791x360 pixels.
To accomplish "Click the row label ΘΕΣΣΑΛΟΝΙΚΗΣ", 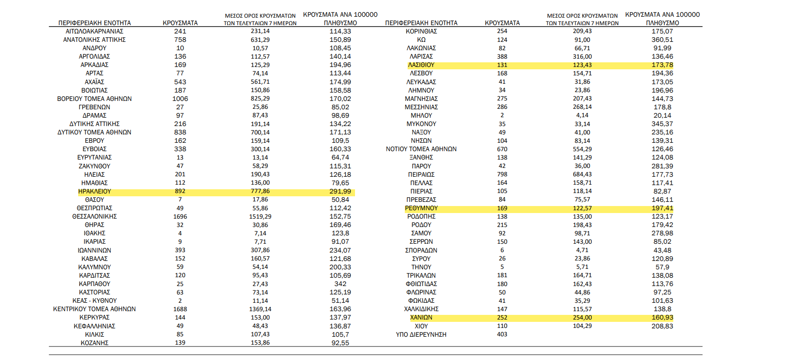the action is pyautogui.click(x=94, y=216).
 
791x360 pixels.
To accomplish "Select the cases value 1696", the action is pyautogui.click(x=180, y=216).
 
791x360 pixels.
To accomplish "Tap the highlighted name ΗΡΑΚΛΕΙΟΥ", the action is pyautogui.click(x=94, y=191).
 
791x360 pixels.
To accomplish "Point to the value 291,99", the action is pyautogui.click(x=341, y=191).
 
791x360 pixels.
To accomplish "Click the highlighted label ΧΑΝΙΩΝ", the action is pyautogui.click(x=421, y=317).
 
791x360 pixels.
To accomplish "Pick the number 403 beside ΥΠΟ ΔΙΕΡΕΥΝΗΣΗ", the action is pyautogui.click(x=502, y=334).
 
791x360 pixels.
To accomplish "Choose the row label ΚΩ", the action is pyautogui.click(x=421, y=40).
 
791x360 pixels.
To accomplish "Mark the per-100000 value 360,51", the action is pyautogui.click(x=663, y=40).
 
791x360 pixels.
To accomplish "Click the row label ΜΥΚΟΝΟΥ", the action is pyautogui.click(x=421, y=124).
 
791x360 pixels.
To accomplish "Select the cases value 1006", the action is pyautogui.click(x=180, y=99).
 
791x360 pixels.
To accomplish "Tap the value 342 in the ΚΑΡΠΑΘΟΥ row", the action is pyautogui.click(x=341, y=284).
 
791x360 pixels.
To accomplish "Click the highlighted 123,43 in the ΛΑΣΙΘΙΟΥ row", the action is pyautogui.click(x=582, y=65).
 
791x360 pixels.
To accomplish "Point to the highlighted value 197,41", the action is pyautogui.click(x=663, y=208).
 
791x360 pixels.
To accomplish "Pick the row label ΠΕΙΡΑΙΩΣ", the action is pyautogui.click(x=421, y=174).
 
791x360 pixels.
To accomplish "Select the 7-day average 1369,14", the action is pyautogui.click(x=260, y=309).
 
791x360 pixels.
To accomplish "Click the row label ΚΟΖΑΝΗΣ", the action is pyautogui.click(x=94, y=343).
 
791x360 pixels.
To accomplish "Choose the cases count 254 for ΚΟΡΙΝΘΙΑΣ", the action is pyautogui.click(x=502, y=31).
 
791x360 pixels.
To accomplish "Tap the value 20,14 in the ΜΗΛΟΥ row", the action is pyautogui.click(x=663, y=115).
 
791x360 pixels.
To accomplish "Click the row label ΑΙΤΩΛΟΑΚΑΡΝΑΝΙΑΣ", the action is pyautogui.click(x=94, y=31).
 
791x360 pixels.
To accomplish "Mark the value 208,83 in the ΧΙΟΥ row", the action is pyautogui.click(x=663, y=326).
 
